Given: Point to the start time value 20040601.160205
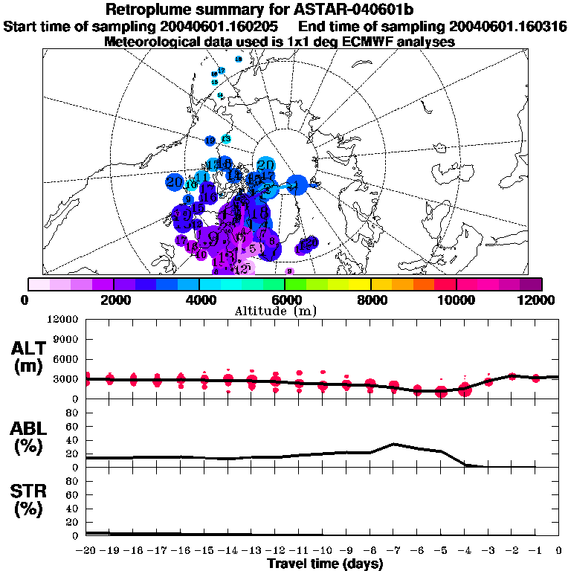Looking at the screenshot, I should pos(216,27).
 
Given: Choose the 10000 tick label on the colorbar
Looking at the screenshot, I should pos(456,300).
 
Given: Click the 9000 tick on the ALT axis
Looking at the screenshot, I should pos(67,340).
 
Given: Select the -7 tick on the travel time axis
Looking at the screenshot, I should pos(393,550).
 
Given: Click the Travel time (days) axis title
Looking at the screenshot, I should pos(325,564).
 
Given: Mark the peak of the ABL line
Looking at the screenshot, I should pos(394,444).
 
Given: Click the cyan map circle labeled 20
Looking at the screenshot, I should pos(265,165).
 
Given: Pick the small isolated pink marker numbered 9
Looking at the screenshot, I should pos(290,271).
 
